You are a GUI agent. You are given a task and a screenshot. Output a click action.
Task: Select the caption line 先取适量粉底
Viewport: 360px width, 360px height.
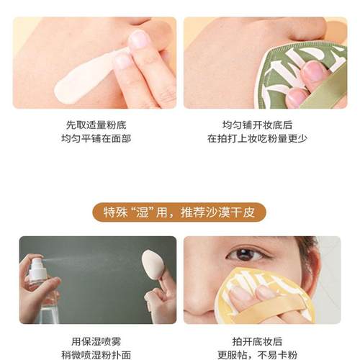click(x=95, y=124)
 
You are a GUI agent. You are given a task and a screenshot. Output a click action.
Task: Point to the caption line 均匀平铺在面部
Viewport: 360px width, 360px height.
click(x=95, y=138)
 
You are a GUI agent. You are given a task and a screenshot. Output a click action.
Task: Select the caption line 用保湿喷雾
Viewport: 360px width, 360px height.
click(x=95, y=341)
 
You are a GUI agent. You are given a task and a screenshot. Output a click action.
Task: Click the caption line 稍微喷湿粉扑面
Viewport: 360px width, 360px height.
click(x=95, y=355)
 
